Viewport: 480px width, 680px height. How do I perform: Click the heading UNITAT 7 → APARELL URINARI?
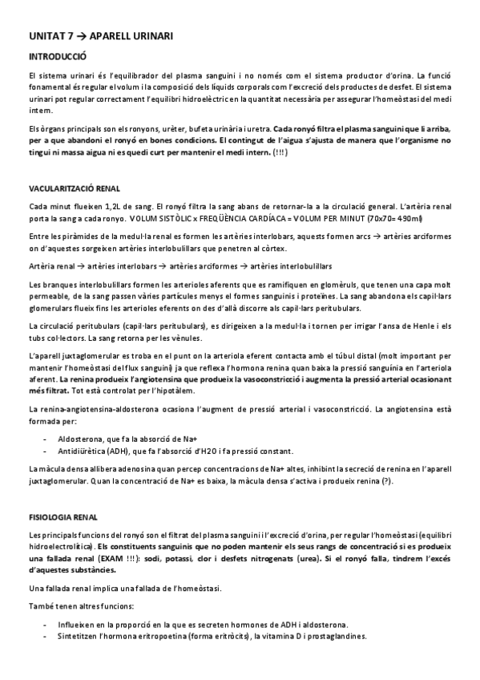pyautogui.click(x=100, y=36)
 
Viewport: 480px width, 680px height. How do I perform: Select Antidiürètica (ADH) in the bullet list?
pyautogui.click(x=97, y=451)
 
